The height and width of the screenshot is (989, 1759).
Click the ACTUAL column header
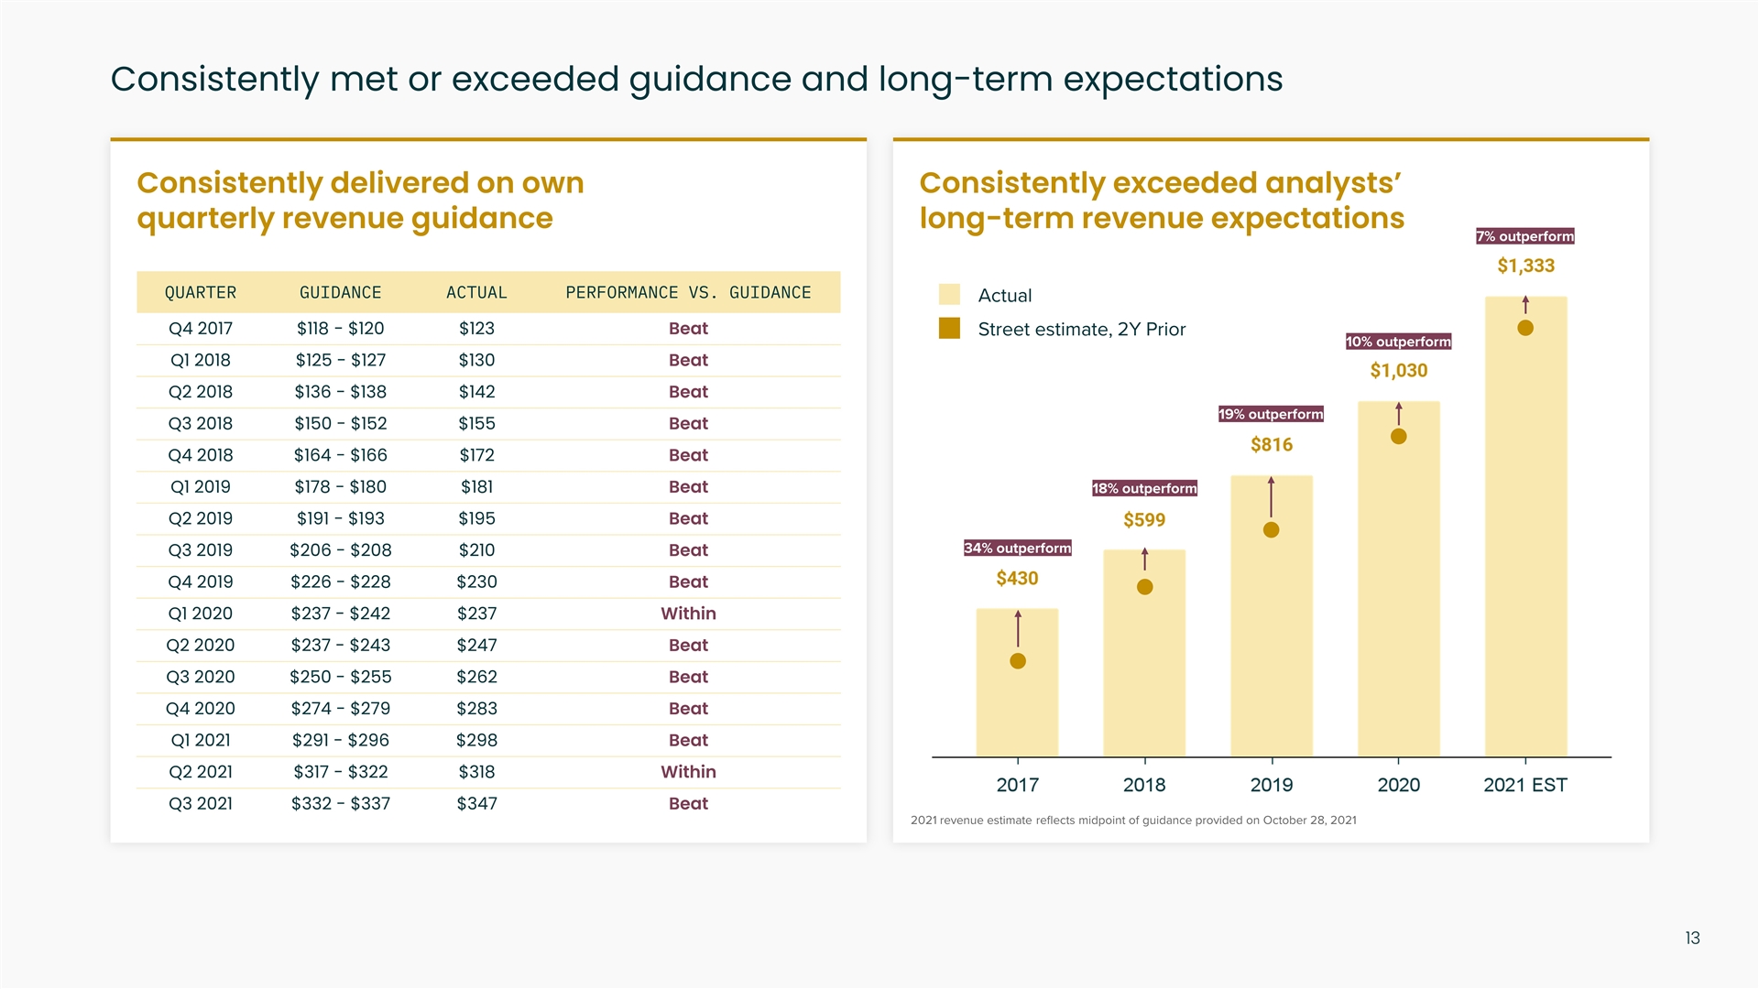tap(476, 293)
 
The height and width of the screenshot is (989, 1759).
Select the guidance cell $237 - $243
tap(340, 646)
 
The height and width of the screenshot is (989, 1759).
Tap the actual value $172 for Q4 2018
tap(476, 455)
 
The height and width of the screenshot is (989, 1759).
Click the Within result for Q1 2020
tap(688, 614)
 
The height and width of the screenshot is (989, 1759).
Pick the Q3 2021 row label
tap(201, 804)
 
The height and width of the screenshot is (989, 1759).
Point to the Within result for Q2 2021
tap(688, 772)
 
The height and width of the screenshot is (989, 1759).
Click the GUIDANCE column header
tap(340, 293)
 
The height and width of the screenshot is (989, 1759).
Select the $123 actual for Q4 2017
tap(476, 329)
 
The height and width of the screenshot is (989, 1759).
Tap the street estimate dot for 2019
tap(1271, 530)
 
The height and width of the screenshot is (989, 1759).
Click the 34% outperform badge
tap(1017, 549)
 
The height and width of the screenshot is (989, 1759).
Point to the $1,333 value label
tap(1525, 266)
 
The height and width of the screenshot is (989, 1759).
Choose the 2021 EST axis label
tap(1524, 786)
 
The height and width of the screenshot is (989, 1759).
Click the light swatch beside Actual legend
tap(949, 295)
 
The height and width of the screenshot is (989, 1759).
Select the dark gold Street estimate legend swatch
tap(949, 329)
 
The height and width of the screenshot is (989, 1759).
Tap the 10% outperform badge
tap(1398, 342)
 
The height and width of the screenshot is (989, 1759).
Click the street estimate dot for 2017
tap(1017, 661)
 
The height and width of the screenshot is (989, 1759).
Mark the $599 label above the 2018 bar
tap(1144, 520)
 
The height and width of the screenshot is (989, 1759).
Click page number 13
tap(1692, 939)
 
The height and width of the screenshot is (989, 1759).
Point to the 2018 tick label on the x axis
tap(1144, 786)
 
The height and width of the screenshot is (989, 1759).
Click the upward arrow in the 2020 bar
tap(1398, 414)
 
